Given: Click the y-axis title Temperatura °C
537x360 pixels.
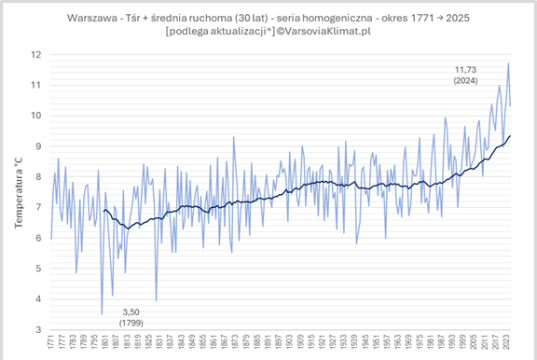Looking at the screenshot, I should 18,191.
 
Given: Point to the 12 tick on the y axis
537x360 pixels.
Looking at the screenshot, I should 36,54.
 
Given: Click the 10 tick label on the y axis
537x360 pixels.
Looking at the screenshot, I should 36,115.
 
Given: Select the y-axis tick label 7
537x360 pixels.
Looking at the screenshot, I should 38,207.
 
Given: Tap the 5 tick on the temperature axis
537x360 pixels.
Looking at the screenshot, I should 38,268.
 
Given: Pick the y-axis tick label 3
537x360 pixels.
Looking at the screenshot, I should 38,329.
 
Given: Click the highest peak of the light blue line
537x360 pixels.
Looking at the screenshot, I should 508,63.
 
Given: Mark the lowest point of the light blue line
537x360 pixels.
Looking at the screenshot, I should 102,314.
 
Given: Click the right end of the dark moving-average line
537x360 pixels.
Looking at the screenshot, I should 511,136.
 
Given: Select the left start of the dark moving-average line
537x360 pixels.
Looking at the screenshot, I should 104,209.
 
